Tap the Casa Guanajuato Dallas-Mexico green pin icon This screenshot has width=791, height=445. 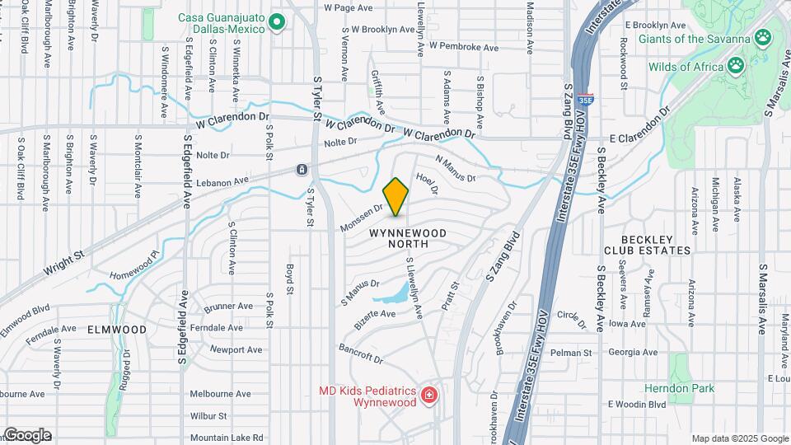coord(277,22)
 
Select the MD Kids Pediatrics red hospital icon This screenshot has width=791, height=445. coord(428,396)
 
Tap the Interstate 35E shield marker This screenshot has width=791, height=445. coord(585,99)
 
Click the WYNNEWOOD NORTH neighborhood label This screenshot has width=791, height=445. coord(408,239)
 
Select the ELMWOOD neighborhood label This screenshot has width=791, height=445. coord(119,330)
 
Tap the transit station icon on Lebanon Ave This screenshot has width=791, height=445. coord(302,170)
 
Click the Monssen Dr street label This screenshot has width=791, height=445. coord(360,218)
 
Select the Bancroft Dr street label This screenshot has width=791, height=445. coord(361,354)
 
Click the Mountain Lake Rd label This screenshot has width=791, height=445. coord(226,438)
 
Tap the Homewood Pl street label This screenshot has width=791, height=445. coord(133,261)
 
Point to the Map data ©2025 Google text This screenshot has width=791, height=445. coord(740,438)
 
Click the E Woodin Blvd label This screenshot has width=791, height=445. coord(636,405)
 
